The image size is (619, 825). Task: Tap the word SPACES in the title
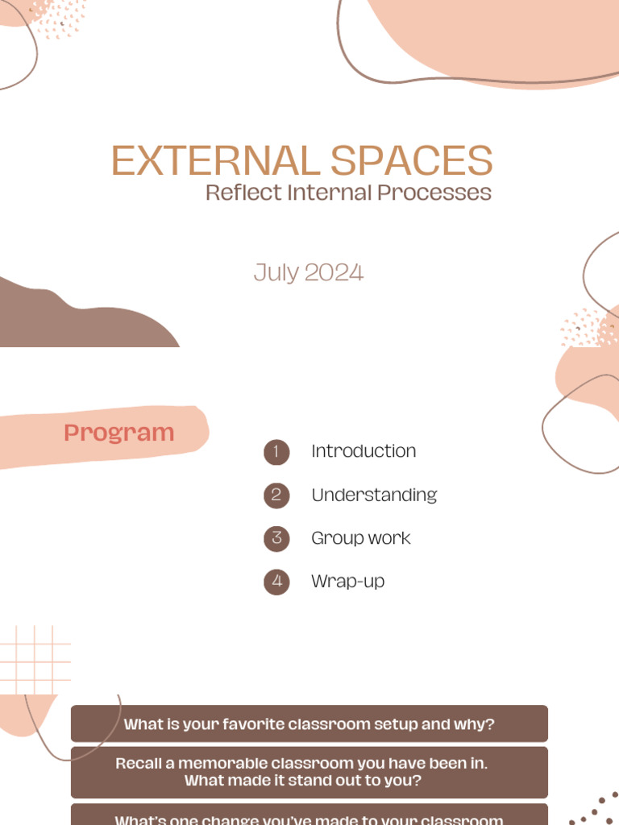click(411, 161)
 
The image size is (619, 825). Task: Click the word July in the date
click(276, 272)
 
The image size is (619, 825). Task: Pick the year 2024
click(333, 272)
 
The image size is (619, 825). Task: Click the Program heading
click(119, 433)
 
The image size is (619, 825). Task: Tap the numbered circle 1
click(276, 452)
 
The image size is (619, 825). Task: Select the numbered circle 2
click(276, 495)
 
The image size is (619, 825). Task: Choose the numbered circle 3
click(276, 538)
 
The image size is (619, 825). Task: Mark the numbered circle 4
click(276, 582)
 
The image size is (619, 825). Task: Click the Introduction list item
click(364, 451)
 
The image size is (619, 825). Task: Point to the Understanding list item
click(374, 495)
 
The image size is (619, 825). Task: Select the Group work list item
click(361, 538)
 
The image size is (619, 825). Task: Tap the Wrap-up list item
click(348, 581)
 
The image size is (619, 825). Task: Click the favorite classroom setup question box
click(309, 723)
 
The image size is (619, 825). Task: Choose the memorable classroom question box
click(309, 772)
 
